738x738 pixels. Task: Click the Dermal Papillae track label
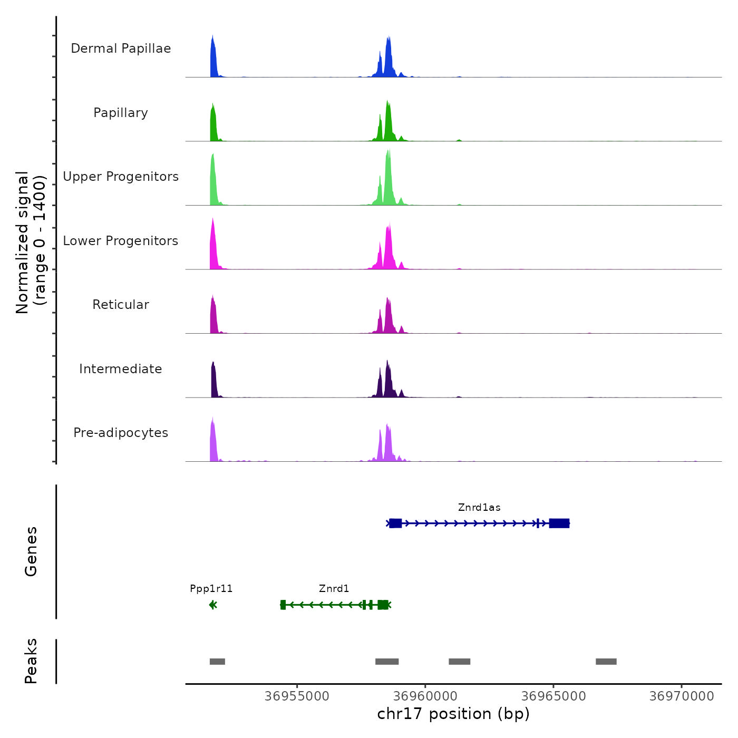(121, 48)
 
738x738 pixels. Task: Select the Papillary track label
(121, 113)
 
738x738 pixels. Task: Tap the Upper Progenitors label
(121, 177)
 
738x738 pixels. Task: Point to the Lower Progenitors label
(121, 241)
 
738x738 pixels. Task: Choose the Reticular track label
(121, 305)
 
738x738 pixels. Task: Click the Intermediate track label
(121, 369)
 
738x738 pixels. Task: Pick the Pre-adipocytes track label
(121, 433)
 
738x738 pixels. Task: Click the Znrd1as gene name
(479, 508)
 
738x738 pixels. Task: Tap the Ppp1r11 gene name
(211, 589)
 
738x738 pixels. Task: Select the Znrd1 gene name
(334, 589)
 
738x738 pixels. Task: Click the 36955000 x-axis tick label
(297, 696)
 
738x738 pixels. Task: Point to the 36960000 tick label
(425, 696)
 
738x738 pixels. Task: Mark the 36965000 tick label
(553, 696)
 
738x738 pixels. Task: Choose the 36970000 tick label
(682, 696)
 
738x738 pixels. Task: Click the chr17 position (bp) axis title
(453, 714)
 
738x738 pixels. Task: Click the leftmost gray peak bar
(217, 662)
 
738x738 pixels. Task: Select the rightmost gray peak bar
(606, 662)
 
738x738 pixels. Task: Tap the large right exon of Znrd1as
(559, 523)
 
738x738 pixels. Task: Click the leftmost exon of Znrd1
(283, 605)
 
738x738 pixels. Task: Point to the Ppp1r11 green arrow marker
(213, 605)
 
